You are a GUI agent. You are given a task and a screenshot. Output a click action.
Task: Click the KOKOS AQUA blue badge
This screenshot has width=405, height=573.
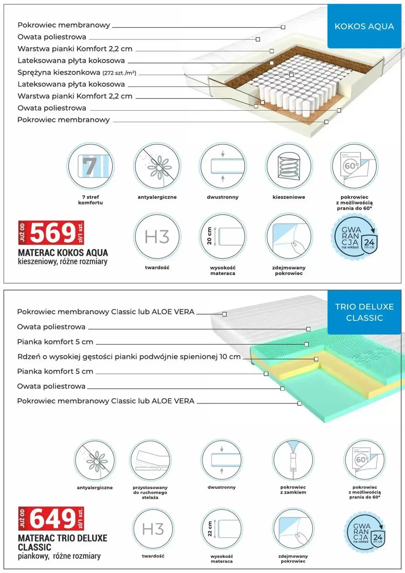364,26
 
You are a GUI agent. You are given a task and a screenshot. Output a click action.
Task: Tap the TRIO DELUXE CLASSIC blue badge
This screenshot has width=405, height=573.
364,312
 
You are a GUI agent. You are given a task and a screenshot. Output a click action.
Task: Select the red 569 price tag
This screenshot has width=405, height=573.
51,233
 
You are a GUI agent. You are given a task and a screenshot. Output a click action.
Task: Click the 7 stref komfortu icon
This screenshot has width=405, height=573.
90,166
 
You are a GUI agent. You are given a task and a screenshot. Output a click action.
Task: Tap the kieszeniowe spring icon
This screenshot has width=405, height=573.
289,166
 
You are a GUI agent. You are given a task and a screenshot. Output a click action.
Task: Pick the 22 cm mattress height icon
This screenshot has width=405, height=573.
222,529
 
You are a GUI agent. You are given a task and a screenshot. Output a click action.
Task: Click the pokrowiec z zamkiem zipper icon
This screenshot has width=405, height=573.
293,460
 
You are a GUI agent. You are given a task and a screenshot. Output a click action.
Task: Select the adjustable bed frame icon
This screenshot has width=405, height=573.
150,460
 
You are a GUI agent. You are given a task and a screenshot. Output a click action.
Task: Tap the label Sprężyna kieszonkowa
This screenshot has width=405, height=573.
59,73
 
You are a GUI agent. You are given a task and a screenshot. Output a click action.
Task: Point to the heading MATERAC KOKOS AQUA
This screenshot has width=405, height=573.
63,253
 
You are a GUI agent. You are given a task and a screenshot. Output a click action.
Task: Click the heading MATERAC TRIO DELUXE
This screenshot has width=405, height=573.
63,538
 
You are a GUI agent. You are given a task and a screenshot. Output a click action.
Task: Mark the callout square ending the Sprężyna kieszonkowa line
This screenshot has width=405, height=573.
291,74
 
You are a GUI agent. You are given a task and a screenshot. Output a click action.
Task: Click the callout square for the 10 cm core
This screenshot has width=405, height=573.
316,359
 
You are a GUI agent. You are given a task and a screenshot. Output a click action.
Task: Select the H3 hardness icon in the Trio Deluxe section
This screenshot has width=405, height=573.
153,529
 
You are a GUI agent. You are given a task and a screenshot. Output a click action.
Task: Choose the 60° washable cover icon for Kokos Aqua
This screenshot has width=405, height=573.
354,166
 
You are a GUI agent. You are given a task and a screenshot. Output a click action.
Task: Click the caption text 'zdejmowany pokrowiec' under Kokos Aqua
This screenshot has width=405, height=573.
289,270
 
